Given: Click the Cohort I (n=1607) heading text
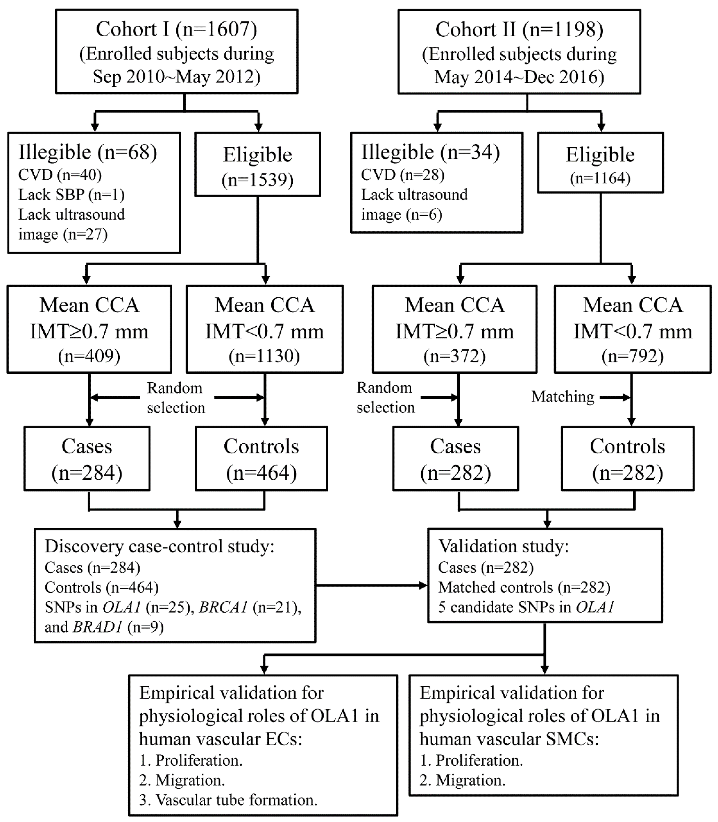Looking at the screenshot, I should coord(176,29).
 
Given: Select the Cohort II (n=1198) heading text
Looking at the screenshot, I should coord(519,29).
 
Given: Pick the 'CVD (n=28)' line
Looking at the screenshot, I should coord(403,175).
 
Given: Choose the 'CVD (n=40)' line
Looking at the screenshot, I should coord(60,175).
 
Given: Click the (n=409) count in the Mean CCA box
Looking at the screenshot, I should coord(89,356).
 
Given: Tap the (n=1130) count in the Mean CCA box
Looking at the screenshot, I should coord(264,356).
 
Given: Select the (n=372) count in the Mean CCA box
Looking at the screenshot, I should coord(454,356).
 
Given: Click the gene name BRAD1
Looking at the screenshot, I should coord(97,627).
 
